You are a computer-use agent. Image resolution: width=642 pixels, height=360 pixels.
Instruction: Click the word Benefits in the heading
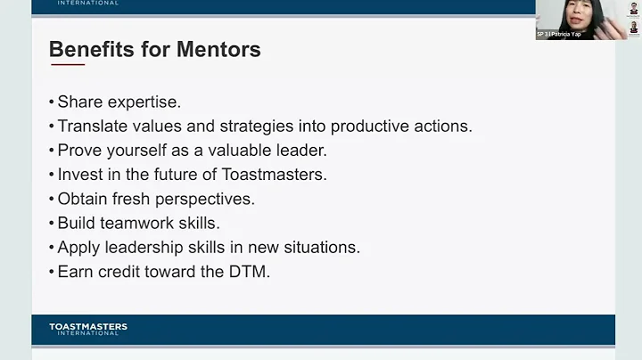pos(92,49)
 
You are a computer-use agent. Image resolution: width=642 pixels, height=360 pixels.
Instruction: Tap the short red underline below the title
pos(68,65)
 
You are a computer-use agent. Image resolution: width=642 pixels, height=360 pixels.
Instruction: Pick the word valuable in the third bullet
pos(237,151)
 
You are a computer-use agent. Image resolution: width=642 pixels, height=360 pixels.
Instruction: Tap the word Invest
pos(80,175)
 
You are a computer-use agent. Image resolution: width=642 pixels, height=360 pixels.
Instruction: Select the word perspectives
pos(206,199)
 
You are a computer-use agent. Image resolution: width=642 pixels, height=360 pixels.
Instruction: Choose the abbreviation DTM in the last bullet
pos(249,272)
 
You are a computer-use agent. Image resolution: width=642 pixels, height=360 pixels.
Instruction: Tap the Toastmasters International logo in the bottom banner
pos(87,330)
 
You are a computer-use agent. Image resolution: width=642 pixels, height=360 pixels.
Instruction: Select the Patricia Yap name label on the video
pos(559,34)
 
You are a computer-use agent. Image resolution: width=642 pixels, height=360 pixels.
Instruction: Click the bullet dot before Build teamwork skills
pos(52,224)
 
